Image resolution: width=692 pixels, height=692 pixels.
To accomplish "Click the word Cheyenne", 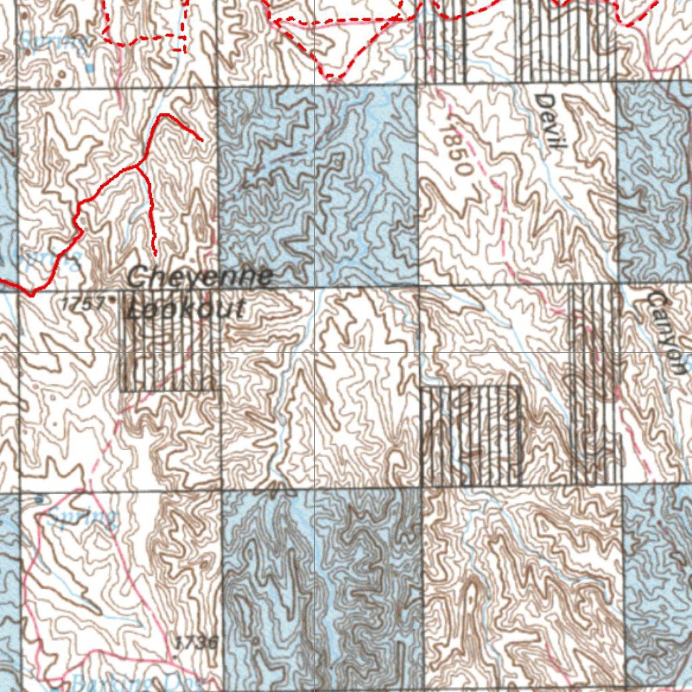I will click(x=200, y=276).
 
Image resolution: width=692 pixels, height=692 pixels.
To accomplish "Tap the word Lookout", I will click(x=186, y=310).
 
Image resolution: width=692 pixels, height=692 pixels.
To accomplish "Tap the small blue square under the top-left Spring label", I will click(x=90, y=68).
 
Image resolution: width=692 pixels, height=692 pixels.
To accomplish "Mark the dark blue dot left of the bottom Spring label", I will click(x=39, y=499).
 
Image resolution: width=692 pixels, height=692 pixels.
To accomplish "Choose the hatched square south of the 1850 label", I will click(x=471, y=435).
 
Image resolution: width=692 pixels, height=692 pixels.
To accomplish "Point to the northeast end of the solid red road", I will click(x=202, y=140).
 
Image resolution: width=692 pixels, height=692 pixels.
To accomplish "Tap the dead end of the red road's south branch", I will click(x=155, y=255).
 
